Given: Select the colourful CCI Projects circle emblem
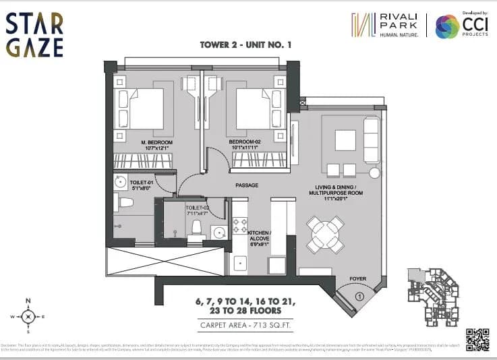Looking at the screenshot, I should (446, 26).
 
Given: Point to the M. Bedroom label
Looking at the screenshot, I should (157, 142).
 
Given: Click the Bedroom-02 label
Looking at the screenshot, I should (249, 142).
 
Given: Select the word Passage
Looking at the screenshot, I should (247, 185).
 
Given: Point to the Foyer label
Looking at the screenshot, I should (358, 278).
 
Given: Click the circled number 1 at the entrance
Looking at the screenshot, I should (359, 295).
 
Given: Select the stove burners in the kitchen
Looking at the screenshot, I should (240, 226).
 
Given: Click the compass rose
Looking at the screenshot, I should (28, 316).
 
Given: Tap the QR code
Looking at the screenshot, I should (477, 339).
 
